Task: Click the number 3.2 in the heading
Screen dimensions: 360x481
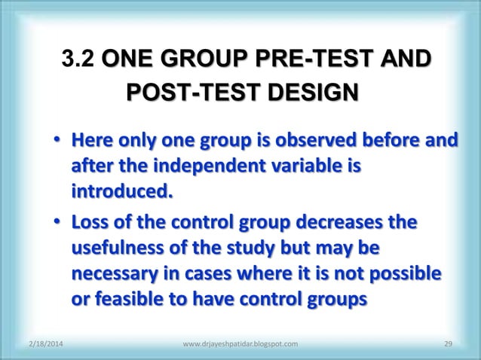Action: pyautogui.click(x=78, y=60)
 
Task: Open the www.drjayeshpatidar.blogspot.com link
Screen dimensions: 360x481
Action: pyautogui.click(x=240, y=344)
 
